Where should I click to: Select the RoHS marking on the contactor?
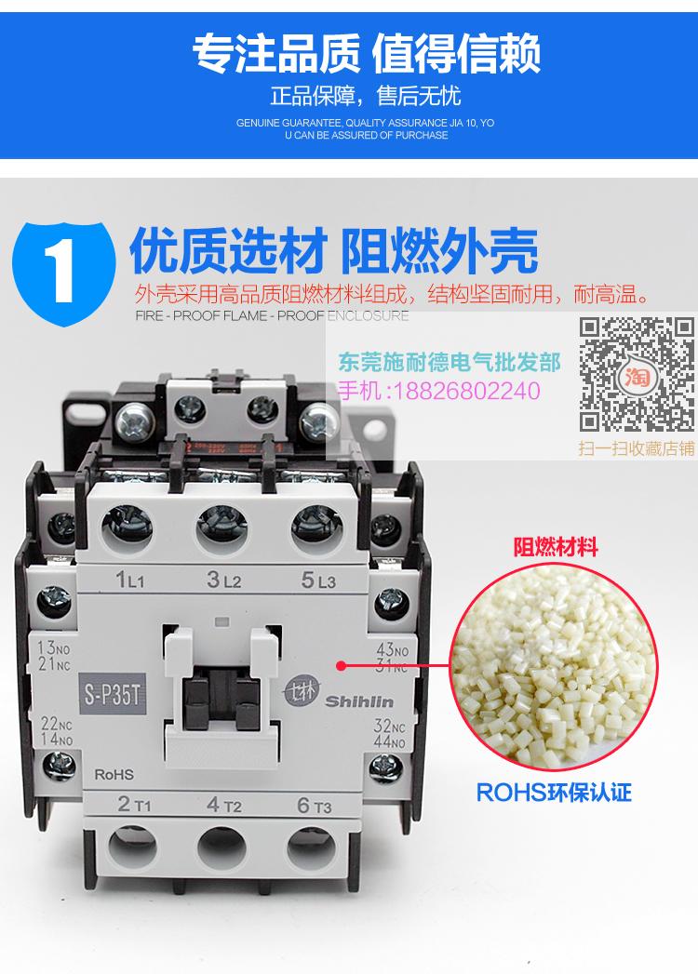tap(114, 773)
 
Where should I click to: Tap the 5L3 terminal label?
tap(319, 582)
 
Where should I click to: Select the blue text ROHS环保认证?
tap(554, 793)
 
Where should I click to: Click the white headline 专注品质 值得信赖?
tap(366, 53)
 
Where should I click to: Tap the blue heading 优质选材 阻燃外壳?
tap(333, 250)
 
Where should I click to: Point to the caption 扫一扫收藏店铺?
tap(638, 447)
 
